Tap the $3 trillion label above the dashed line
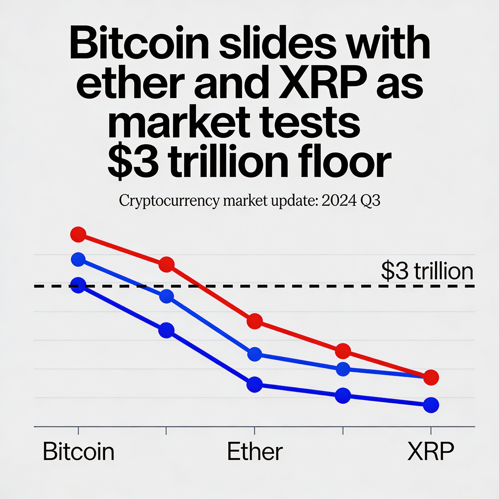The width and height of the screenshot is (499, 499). tap(427, 271)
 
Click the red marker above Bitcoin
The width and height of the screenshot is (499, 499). tap(78, 234)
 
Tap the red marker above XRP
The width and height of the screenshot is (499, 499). tap(431, 377)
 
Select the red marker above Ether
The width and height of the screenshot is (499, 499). tap(255, 321)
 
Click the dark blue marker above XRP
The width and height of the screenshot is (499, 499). tap(431, 405)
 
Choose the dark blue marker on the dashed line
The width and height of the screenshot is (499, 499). tap(78, 285)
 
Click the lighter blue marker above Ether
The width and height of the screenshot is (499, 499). tap(255, 354)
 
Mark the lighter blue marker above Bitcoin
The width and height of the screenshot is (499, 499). tap(78, 259)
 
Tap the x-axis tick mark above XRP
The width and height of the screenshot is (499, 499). tap(431, 431)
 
